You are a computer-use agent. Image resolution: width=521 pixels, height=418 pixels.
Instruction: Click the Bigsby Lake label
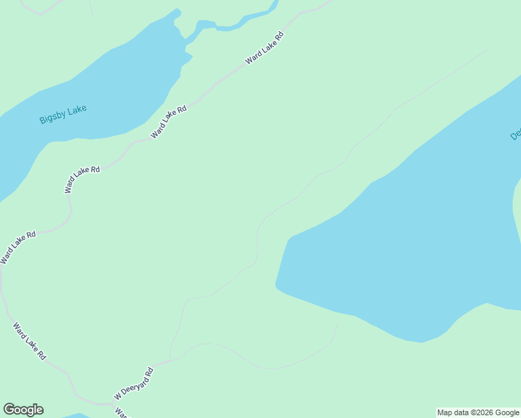pyautogui.click(x=63, y=114)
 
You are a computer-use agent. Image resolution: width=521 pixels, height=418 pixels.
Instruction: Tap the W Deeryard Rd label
pyautogui.click(x=133, y=384)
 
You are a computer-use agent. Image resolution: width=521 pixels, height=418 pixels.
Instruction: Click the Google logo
pyautogui.click(x=23, y=410)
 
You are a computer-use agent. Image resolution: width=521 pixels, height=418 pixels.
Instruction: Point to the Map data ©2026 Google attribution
pyautogui.click(x=478, y=412)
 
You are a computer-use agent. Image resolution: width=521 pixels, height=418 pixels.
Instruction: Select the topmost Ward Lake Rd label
pyautogui.click(x=265, y=48)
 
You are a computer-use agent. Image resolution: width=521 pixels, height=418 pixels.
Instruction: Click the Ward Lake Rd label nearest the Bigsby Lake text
pyautogui.click(x=169, y=121)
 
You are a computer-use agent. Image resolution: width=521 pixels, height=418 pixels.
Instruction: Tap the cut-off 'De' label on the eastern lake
pyautogui.click(x=515, y=132)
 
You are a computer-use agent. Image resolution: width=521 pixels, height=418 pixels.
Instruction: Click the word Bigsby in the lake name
pyautogui.click(x=52, y=116)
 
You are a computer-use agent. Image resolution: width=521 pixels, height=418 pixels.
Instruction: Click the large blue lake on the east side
pyautogui.click(x=411, y=244)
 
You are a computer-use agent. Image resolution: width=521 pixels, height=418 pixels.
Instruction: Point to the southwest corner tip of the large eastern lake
pyautogui.click(x=277, y=284)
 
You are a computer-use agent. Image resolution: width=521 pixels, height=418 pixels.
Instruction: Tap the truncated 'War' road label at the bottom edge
pyautogui.click(x=120, y=412)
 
